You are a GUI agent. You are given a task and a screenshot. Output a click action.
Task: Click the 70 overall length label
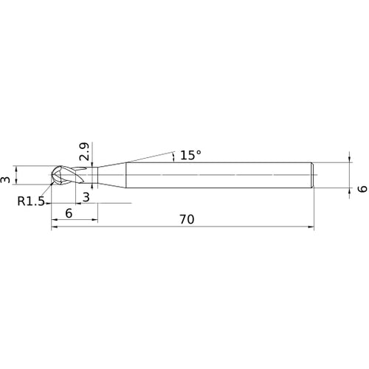click(x=187, y=219)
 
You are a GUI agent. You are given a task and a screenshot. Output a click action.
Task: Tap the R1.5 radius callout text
click(x=31, y=201)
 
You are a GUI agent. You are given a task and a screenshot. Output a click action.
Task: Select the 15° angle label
click(x=191, y=155)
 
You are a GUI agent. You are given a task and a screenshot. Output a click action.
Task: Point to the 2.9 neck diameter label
click(x=85, y=151)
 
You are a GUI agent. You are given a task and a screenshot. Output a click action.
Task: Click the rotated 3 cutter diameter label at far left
click(x=5, y=179)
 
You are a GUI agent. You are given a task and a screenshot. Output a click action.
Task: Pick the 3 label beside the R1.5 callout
click(x=86, y=198)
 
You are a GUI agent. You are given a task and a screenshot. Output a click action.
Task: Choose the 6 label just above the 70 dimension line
click(x=69, y=213)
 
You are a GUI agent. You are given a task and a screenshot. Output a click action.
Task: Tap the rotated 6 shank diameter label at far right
click(x=362, y=189)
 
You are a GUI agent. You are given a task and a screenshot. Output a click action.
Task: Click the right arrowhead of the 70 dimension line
click(x=311, y=227)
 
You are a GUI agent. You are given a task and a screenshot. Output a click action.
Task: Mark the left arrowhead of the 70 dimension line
click(x=55, y=227)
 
